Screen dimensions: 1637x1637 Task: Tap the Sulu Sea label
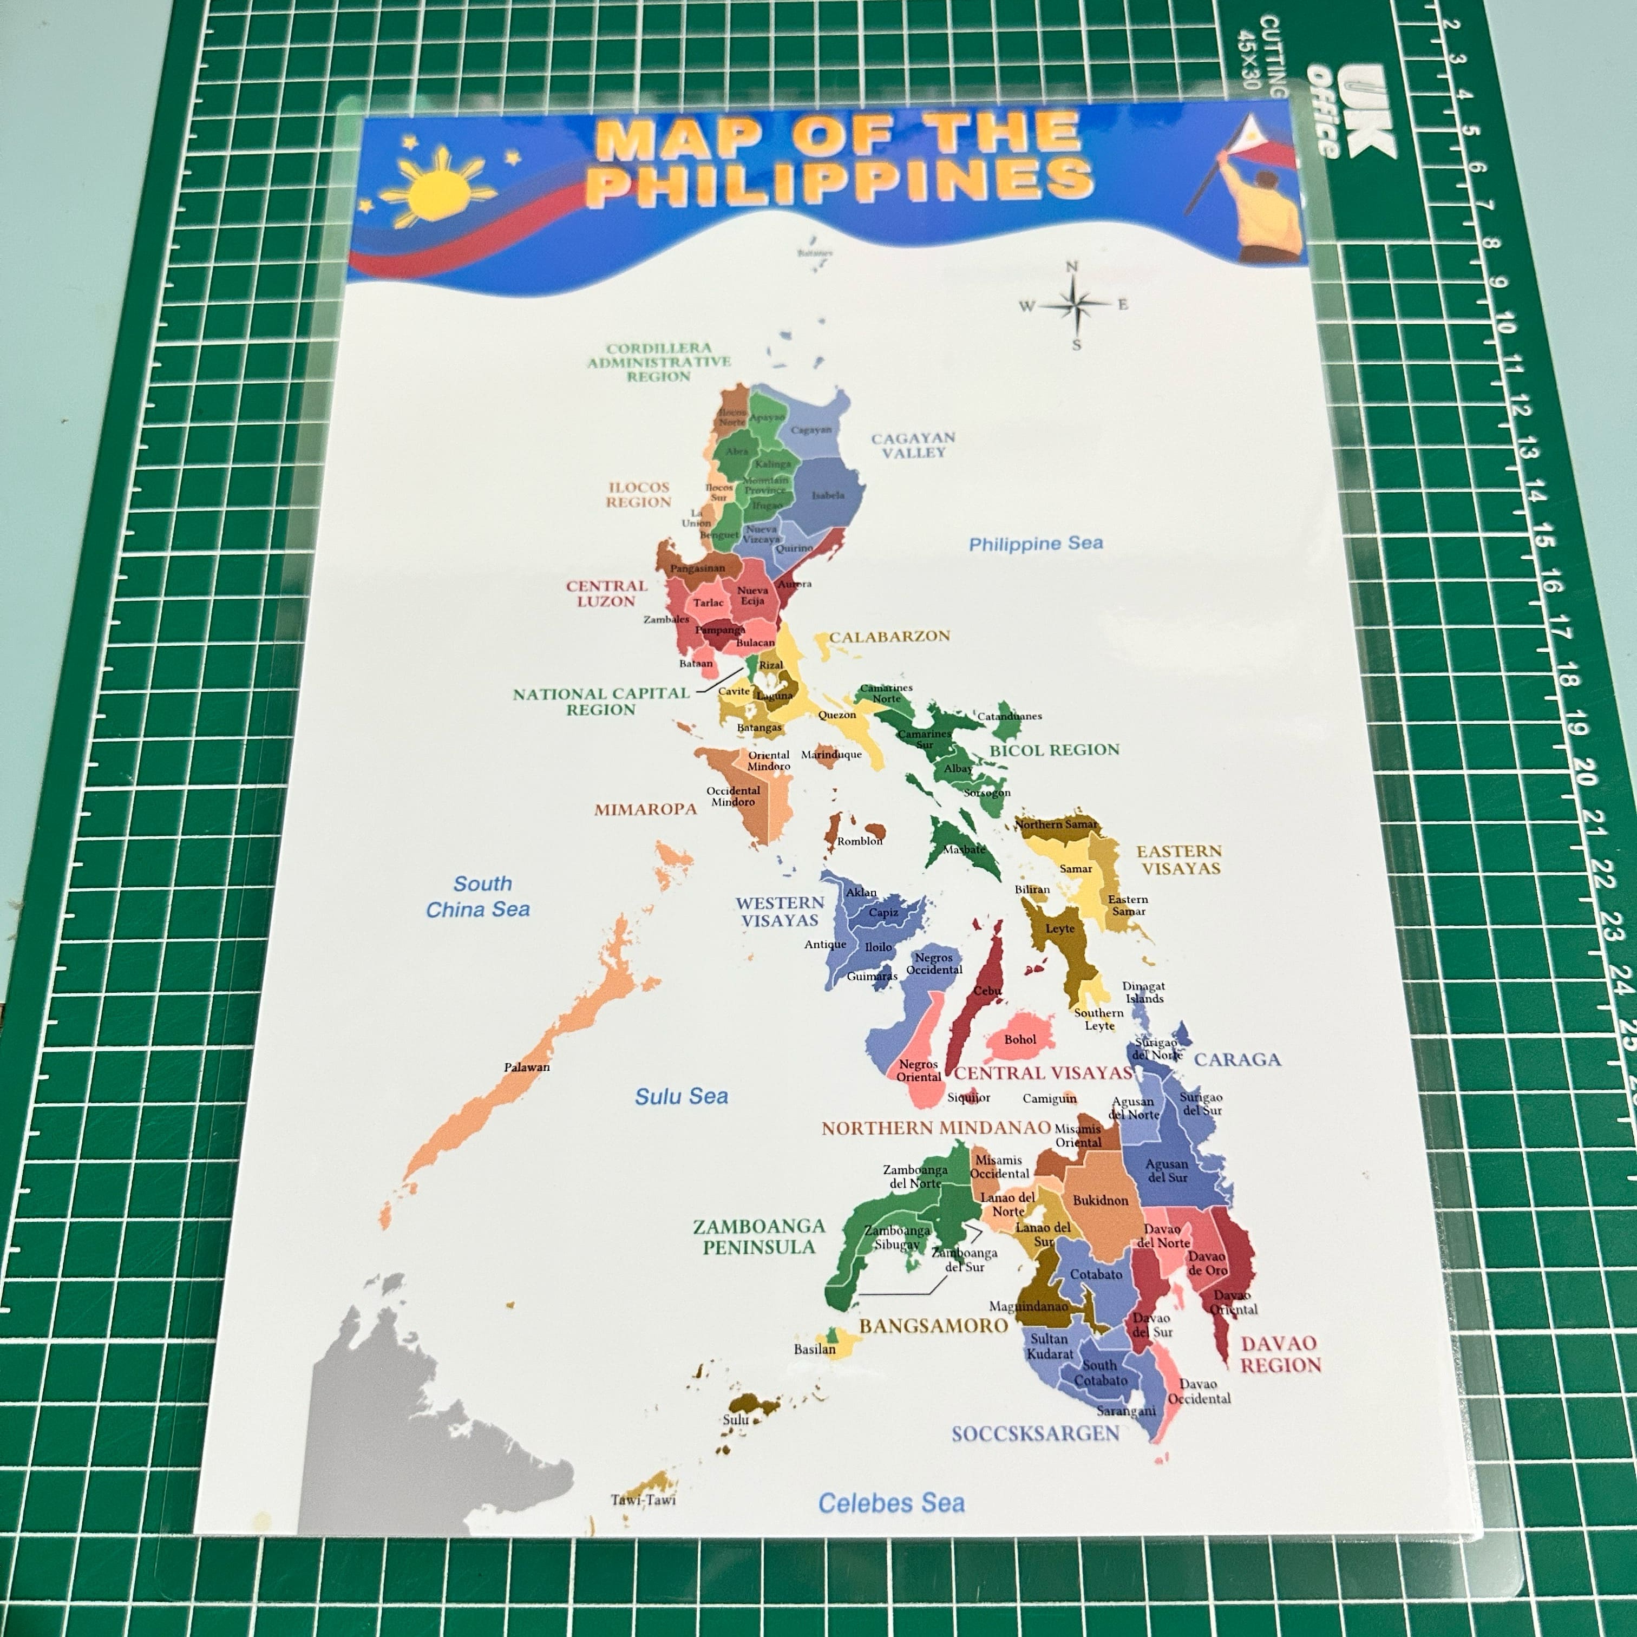[x=681, y=1096]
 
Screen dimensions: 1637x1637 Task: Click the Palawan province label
[x=526, y=1067]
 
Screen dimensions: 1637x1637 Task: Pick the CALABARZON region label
[x=889, y=636]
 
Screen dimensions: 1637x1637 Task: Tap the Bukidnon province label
[x=1100, y=1201]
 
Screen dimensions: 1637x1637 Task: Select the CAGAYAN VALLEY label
[x=913, y=445]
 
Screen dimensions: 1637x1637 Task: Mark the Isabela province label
[x=828, y=496]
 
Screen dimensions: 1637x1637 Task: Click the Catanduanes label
[x=1009, y=716]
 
